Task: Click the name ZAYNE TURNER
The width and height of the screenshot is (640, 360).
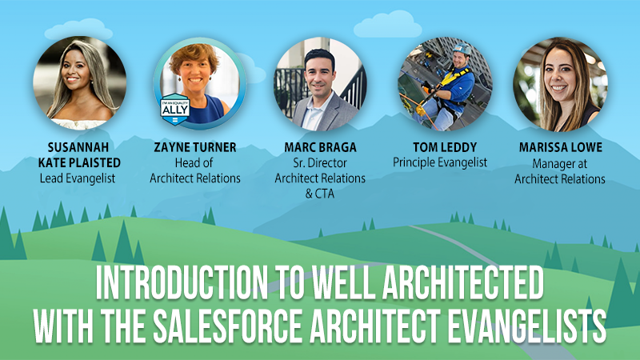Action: pos(195,147)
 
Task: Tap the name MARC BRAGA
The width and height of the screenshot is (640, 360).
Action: pos(321,147)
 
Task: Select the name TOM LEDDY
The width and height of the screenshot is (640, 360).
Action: pos(445,147)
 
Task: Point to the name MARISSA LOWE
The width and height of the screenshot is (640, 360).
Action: pos(561,147)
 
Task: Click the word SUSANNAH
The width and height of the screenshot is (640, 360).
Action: pos(78,147)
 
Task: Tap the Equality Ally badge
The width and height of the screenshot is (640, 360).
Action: pos(175,109)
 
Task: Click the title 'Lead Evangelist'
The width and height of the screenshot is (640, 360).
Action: pos(78,178)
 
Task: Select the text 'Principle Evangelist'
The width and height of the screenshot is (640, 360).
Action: pos(440,162)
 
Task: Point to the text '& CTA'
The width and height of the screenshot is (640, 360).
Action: pos(320,194)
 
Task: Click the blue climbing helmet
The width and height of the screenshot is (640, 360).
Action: pos(462,49)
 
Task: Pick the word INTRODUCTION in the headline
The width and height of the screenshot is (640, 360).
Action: pos(182,282)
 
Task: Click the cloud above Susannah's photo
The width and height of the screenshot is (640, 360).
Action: pos(78,30)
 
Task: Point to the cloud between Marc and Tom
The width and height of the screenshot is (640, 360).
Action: pos(388,25)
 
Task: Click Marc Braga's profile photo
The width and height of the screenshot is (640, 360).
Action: pos(321,84)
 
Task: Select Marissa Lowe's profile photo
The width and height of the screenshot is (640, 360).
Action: pos(561,84)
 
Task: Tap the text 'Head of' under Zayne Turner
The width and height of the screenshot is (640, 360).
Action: pos(194,163)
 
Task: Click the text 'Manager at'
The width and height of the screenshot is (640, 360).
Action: pos(559,164)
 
